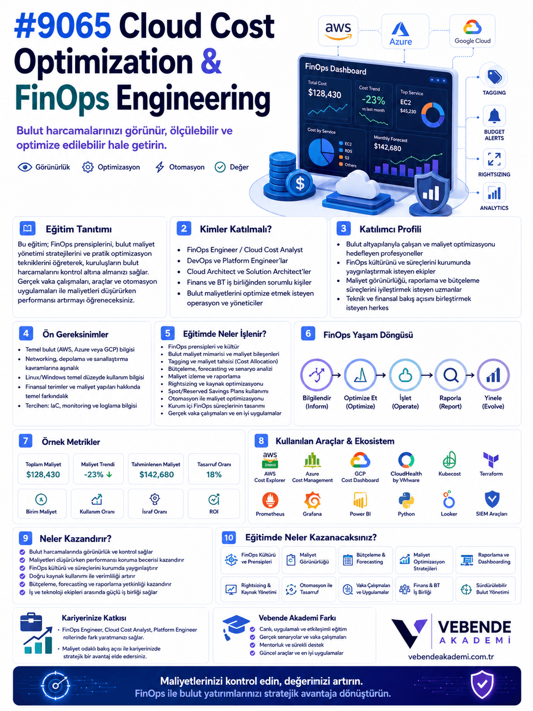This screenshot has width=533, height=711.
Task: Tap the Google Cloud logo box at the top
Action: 472,31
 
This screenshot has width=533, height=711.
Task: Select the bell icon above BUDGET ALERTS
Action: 494,116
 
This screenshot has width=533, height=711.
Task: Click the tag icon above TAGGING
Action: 494,77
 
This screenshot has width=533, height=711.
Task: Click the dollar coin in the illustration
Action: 300,183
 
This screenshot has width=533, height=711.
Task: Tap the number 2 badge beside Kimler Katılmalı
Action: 184,228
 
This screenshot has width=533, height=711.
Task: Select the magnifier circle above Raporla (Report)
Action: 451,375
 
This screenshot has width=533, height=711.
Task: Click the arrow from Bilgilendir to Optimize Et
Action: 337,375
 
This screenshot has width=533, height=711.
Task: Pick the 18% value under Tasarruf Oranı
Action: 213,474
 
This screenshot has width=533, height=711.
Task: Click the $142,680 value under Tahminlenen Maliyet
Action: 156,474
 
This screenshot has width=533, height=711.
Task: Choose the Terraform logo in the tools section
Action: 491,460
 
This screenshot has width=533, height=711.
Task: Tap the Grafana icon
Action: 312,500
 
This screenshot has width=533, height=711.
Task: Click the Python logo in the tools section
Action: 406,500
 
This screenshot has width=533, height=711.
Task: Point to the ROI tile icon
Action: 213,499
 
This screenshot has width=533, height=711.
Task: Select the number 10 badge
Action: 229,538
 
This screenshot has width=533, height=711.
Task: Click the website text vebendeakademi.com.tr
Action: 451,656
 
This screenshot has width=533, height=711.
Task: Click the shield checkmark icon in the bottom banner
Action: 482,684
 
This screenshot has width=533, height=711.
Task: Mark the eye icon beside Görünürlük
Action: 25,167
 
